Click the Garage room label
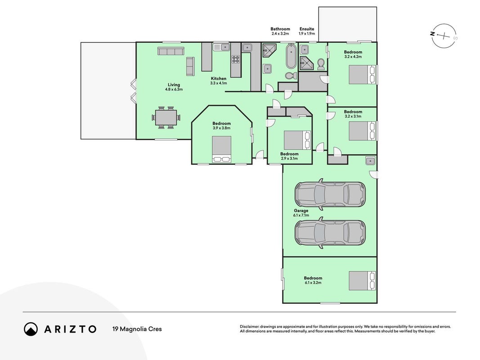click(x=301, y=211)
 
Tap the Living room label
click(x=174, y=85)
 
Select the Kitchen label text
click(x=219, y=79)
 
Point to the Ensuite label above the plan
click(x=307, y=29)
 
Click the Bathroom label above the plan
click(x=280, y=29)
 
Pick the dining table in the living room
click(x=166, y=117)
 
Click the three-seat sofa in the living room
click(x=171, y=51)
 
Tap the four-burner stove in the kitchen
click(x=236, y=59)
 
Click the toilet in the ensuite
click(x=321, y=64)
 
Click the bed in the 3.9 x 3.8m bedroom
click(x=222, y=149)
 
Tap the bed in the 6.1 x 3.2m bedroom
click(x=362, y=281)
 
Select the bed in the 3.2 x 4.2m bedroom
click(x=362, y=74)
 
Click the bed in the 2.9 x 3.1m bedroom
click(x=297, y=140)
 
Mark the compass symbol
click(x=444, y=36)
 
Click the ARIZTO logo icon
click(x=31, y=329)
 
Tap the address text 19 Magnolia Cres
click(x=137, y=329)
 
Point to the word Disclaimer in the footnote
click(x=249, y=327)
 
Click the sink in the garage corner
click(x=370, y=161)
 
